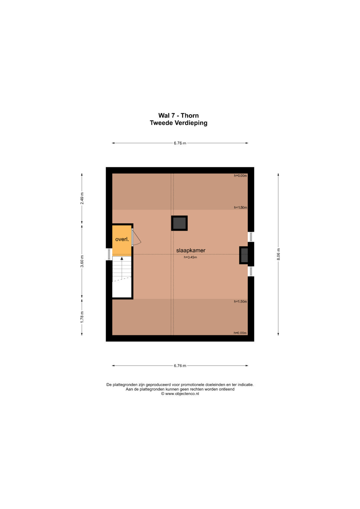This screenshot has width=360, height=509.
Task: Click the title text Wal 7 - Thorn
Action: point(178,115)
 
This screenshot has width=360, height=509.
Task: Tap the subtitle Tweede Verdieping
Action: point(178,123)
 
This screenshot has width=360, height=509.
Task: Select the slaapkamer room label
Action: point(191,250)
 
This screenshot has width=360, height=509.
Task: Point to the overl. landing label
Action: point(122,239)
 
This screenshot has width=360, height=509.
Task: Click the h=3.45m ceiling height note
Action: point(190,257)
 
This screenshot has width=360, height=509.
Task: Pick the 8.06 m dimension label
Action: point(279,254)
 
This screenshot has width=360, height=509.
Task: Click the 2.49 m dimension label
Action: point(82,198)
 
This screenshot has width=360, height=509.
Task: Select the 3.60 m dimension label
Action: point(82,261)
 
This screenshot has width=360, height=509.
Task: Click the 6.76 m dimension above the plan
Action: point(180,143)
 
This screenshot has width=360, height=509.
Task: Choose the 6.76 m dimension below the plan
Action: point(180,366)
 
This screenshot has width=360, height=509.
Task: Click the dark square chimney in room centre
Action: point(179,223)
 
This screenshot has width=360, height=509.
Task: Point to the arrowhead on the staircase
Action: point(122,258)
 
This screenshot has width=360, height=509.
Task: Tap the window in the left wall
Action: point(109,254)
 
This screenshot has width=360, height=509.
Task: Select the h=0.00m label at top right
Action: point(240,176)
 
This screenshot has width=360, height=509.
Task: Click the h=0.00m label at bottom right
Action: point(240,333)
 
